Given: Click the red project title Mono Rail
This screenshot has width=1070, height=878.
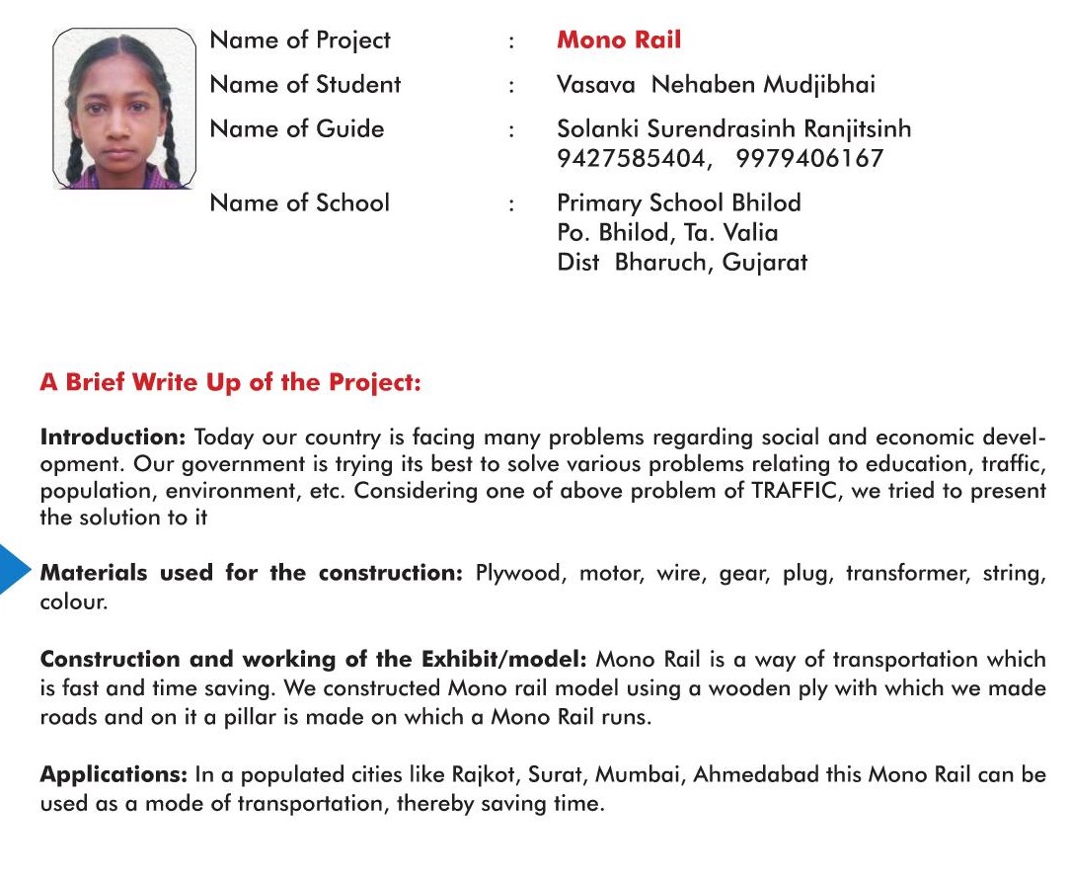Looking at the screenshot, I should (619, 40).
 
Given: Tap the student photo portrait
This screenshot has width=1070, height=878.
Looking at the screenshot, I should (123, 109).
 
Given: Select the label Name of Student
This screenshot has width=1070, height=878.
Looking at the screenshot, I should (305, 85).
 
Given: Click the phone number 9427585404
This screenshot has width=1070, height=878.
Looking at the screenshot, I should (633, 158).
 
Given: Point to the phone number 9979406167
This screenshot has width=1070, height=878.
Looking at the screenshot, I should (810, 158).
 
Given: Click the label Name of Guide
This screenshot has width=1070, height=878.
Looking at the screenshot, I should (297, 128).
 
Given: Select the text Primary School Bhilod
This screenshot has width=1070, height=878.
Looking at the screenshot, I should (679, 203).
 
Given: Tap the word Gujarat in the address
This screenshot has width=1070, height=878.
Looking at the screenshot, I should (765, 263).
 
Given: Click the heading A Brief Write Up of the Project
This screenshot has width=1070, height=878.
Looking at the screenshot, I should (230, 383).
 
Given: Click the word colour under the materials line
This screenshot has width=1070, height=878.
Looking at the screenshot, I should (71, 600).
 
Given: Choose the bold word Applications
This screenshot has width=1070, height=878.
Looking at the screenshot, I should (113, 775).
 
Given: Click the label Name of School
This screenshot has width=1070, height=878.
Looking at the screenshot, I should (300, 203).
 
